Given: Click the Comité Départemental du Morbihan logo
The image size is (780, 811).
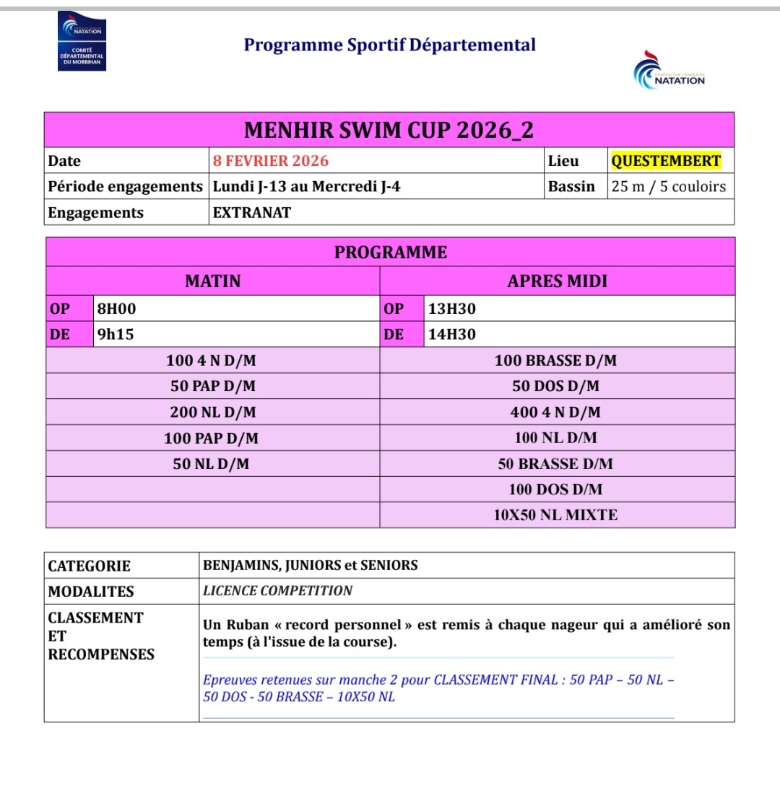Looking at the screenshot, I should click(82, 42).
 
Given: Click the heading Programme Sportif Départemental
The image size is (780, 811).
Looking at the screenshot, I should click(389, 45).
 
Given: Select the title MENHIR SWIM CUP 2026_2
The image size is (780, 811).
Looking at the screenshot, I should click(389, 131).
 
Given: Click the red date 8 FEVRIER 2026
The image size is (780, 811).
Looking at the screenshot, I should click(270, 161).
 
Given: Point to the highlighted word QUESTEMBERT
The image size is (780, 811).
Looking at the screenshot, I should click(666, 161).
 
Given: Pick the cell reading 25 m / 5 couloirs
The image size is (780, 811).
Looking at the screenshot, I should click(668, 186).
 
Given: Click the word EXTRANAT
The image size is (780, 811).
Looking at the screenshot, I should click(252, 213).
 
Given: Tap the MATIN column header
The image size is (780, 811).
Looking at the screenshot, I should click(212, 281).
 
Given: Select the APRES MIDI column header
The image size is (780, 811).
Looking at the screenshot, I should click(557, 281).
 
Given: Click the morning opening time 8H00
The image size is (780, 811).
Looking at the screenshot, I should click(116, 309).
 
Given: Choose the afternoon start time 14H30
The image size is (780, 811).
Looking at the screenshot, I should click(451, 334).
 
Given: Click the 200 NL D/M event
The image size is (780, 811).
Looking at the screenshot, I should click(212, 412).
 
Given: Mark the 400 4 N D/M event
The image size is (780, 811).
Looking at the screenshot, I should click(555, 412).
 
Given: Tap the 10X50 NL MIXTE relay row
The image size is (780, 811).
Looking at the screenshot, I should click(555, 515).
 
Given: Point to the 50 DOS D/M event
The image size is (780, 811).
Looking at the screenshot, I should click(555, 386).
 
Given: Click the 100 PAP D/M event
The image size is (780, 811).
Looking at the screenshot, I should click(211, 438).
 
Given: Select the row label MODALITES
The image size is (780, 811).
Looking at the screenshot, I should click(91, 592).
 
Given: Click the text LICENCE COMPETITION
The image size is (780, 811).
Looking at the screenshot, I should click(277, 591).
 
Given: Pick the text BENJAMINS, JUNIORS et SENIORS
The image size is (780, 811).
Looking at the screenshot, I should click(310, 566).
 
